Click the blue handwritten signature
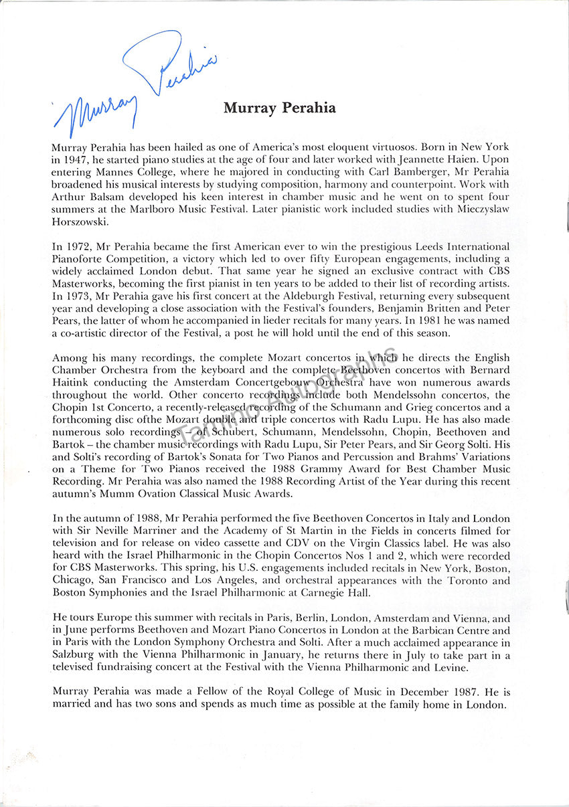click(134, 84)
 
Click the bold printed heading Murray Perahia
click(280, 108)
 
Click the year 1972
click(78, 248)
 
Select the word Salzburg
click(72, 655)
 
